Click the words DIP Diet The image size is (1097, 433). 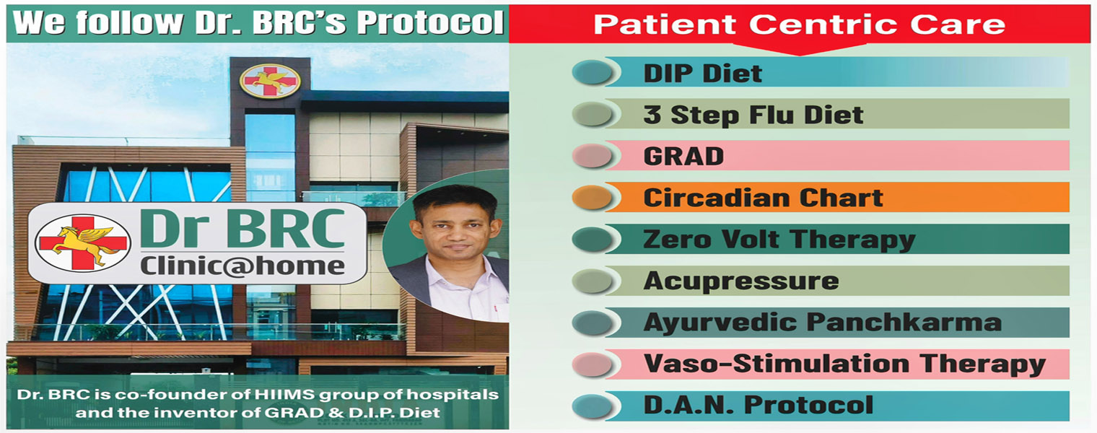pos(702,74)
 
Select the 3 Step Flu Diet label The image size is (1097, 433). pos(753,115)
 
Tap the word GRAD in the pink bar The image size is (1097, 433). pos(683,157)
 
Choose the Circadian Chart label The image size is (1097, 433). pos(763,198)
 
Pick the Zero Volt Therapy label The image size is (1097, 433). pos(779,240)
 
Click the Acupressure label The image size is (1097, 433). pos(741,281)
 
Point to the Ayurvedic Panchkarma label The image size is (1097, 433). pos(822,323)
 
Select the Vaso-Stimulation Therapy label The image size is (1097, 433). pos(845,364)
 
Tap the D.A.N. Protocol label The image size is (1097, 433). pos(758,405)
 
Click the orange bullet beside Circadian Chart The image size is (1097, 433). pos(592,198)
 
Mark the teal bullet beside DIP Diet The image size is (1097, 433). pos(592,72)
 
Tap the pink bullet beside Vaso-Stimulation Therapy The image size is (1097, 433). pos(592,365)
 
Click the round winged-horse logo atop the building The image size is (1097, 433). pos(270,80)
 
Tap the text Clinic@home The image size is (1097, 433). pos(242,266)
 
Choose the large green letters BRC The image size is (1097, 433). pos(286,229)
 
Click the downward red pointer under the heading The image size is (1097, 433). pos(799,48)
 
